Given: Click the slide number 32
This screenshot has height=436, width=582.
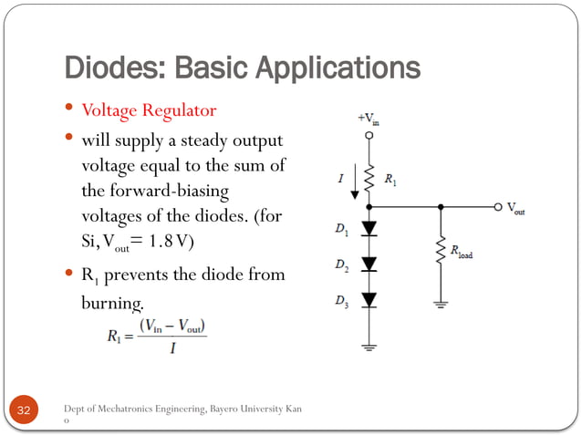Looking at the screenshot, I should [x=24, y=411].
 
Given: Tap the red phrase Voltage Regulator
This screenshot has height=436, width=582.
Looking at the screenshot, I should [x=149, y=111].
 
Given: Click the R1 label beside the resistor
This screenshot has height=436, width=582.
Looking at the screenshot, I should [x=390, y=181].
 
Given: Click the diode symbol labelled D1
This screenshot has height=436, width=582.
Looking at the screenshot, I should [x=369, y=228].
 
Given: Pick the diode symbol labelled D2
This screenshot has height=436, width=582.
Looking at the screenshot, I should [x=369, y=264].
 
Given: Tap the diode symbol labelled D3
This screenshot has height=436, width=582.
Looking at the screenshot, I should [x=369, y=300].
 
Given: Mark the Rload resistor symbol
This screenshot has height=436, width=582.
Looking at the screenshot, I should [x=442, y=251].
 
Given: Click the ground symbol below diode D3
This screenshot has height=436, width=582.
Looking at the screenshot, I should [x=369, y=346].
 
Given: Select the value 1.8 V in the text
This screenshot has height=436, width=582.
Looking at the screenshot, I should [x=171, y=242].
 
